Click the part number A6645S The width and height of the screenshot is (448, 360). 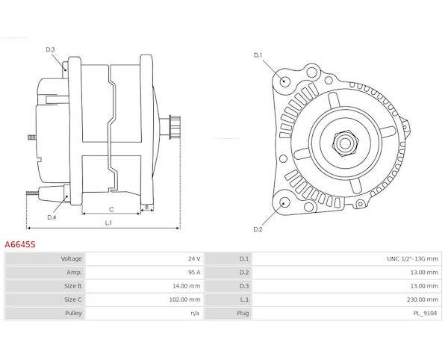pyautogui.click(x=19, y=244)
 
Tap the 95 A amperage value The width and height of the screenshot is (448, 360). pyautogui.click(x=194, y=273)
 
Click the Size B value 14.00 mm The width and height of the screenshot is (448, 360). pyautogui.click(x=186, y=286)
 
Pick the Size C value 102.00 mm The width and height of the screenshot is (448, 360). pyautogui.click(x=185, y=300)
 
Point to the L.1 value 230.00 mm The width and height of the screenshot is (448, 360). pyautogui.click(x=423, y=300)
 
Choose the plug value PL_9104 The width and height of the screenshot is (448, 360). pyautogui.click(x=425, y=314)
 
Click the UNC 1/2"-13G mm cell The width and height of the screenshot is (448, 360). pyautogui.click(x=412, y=258)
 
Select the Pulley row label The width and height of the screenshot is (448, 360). pyautogui.click(x=73, y=313)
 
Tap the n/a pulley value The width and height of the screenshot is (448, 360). pyautogui.click(x=195, y=314)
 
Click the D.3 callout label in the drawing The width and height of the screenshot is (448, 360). pyautogui.click(x=50, y=49)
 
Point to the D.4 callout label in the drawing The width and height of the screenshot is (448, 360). pyautogui.click(x=52, y=217)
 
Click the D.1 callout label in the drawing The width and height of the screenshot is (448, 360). pyautogui.click(x=258, y=55)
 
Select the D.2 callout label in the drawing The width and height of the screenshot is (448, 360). pyautogui.click(x=258, y=229)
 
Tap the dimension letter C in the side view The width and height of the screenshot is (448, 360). pyautogui.click(x=111, y=209)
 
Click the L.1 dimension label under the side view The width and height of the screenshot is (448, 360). pyautogui.click(x=108, y=223)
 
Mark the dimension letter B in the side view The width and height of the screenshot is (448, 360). pyautogui.click(x=147, y=207)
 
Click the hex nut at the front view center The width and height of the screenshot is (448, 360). pyautogui.click(x=345, y=143)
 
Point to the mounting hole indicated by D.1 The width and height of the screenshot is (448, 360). pyautogui.click(x=284, y=81)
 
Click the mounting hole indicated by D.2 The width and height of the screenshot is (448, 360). pyautogui.click(x=284, y=203)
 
